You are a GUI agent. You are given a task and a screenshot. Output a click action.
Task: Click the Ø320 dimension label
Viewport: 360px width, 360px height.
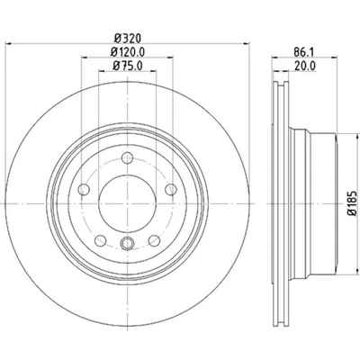[x=126, y=40]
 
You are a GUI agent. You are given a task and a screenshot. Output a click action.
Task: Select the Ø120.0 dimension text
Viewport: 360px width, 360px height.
[x=126, y=52]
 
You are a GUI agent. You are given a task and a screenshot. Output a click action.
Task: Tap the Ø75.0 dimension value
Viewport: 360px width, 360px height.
[x=126, y=66]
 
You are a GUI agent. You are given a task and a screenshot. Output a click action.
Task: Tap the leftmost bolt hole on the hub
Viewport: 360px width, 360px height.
[x=85, y=188]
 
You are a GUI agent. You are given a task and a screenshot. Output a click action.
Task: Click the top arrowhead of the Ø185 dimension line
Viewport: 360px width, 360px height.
[x=339, y=139]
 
